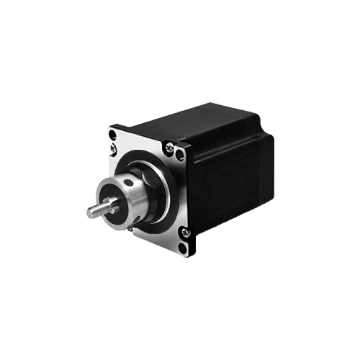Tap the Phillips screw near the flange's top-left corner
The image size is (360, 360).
point(114,150)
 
